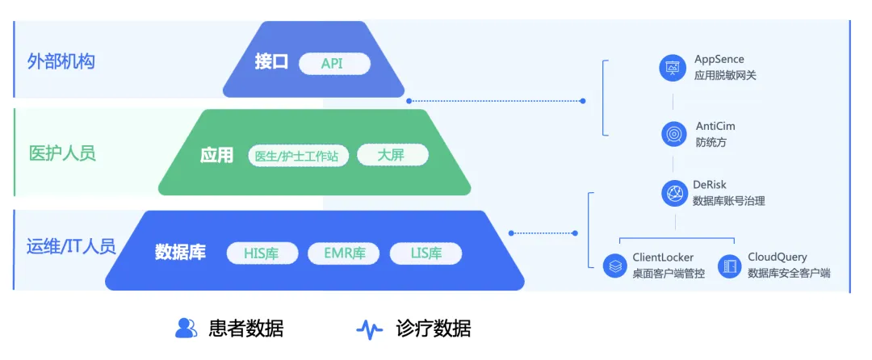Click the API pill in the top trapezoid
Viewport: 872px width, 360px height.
pos(333,63)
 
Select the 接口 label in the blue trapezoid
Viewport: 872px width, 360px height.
pos(271,62)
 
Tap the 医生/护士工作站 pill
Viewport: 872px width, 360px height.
pos(296,156)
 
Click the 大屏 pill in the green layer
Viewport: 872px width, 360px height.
pos(392,155)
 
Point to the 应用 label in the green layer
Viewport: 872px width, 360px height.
pos(216,155)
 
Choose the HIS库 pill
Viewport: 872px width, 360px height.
pos(262,253)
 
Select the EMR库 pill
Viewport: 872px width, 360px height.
pos(344,253)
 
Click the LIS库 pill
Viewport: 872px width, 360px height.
pos(426,253)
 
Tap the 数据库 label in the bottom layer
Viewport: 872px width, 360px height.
pos(180,252)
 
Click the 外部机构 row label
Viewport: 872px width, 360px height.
pos(61,61)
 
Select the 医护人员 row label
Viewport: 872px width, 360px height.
pos(62,153)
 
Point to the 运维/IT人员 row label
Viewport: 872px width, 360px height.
pos(66,246)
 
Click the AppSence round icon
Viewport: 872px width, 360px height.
pos(673,68)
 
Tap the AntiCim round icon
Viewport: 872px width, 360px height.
pos(673,133)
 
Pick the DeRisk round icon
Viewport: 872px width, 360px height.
pos(673,193)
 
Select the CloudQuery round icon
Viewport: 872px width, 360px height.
pos(730,266)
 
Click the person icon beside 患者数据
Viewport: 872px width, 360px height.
pos(187,328)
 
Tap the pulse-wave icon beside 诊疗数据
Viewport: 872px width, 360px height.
pos(370,329)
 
